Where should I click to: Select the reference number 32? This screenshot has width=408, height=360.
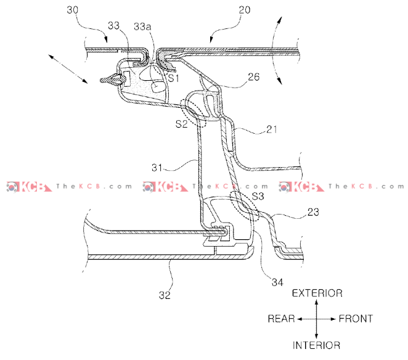coord(164,295)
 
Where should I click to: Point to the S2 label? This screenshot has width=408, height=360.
coord(181,123)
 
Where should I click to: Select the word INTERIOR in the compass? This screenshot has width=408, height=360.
coord(316,345)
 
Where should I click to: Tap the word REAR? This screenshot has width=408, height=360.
coord(281,319)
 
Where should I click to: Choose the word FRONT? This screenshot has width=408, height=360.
coord(356,319)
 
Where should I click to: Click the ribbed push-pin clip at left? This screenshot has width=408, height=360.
coord(112,80)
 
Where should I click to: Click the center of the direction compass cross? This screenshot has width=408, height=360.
coord(316,319)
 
